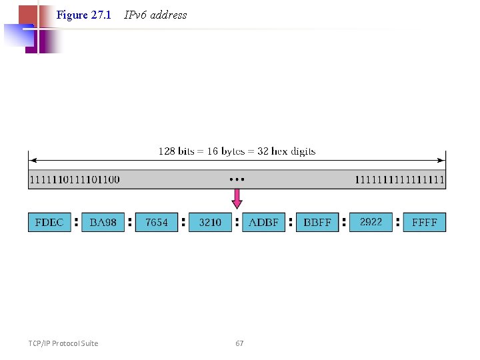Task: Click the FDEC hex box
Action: point(49,222)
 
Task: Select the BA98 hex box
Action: point(103,222)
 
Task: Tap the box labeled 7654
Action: point(157,222)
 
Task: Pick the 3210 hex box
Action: point(210,222)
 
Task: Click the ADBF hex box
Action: point(264,222)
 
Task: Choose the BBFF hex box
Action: point(317,222)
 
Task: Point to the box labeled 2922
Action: point(371,222)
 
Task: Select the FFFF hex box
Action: point(425,222)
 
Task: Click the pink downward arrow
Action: point(237,199)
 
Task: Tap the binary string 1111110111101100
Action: point(75,179)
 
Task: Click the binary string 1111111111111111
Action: point(399,179)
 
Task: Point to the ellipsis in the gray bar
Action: point(237,179)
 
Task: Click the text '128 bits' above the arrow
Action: point(177,151)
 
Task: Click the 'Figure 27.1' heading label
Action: point(84,15)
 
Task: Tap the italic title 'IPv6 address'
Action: point(155,15)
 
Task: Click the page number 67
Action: point(239,343)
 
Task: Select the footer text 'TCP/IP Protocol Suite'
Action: point(63,343)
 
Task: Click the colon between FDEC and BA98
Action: point(76,222)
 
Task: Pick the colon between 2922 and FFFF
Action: point(398,222)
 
